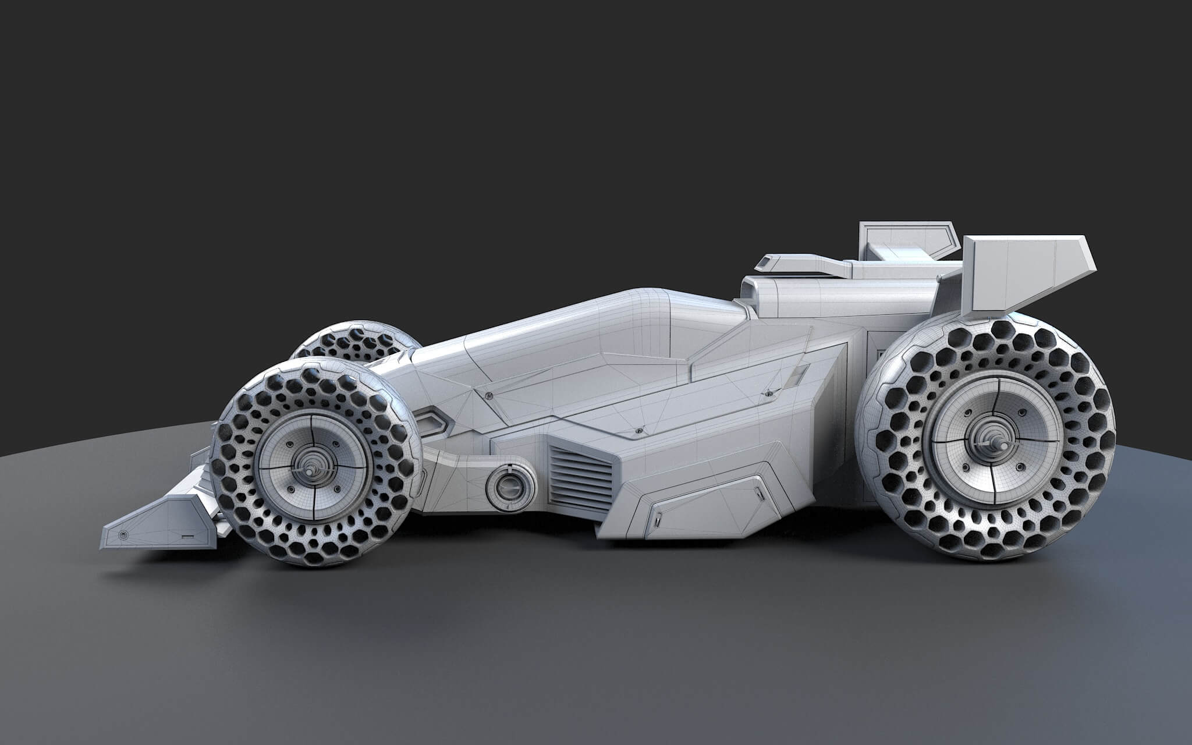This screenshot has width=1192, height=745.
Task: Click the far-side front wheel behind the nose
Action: (349, 344)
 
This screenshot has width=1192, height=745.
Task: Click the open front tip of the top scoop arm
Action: (763, 264)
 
